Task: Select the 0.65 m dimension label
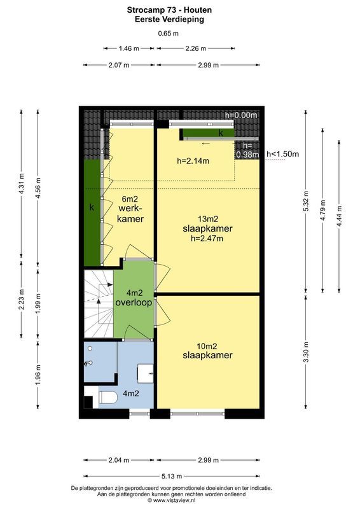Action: tap(169, 34)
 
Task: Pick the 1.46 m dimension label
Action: tap(128, 48)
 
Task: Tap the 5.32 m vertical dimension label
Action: tap(306, 202)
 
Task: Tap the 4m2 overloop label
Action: tap(134, 298)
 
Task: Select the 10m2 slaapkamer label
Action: tap(207, 351)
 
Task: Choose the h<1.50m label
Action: tap(282, 153)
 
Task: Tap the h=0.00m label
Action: tap(242, 115)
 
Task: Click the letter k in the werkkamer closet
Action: tap(92, 207)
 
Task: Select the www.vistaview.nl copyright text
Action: tap(180, 501)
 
